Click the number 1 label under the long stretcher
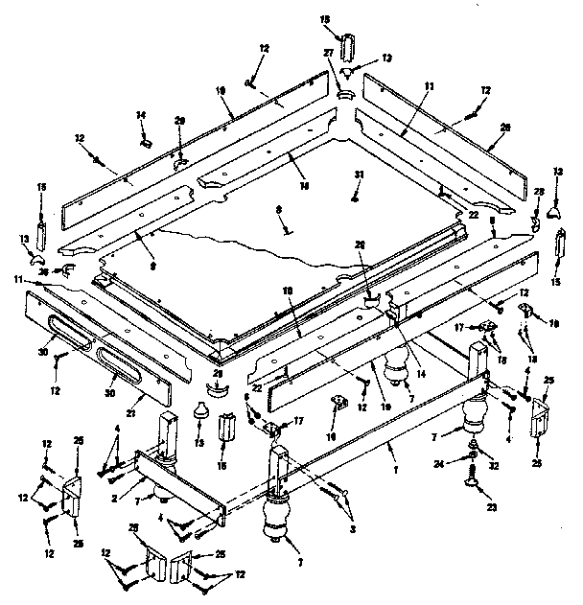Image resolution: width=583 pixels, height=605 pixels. tap(391, 447)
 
